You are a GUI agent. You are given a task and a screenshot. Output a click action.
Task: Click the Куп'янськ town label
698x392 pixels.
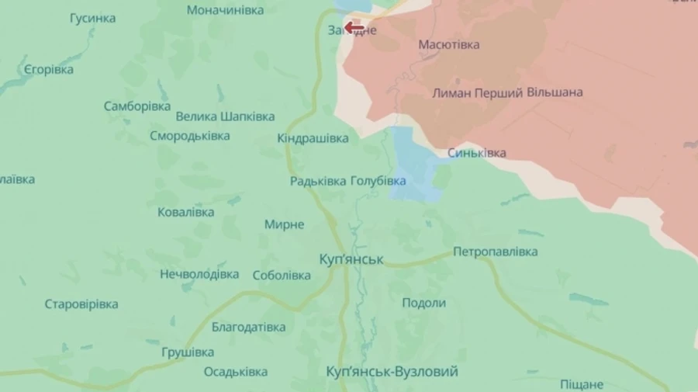coord(351,258)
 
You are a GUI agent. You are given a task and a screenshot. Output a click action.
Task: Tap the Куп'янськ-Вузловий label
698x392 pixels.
coord(392,372)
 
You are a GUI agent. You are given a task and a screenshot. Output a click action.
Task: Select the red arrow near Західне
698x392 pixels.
coord(354,28)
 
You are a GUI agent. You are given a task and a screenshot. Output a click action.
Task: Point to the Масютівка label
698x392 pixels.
coord(449,45)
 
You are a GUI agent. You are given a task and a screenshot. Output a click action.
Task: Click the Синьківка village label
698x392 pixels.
coord(476,153)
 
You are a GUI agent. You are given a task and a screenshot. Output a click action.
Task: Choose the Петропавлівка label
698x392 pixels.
coord(496,252)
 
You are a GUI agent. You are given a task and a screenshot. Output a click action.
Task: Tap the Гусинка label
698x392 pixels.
coord(92,18)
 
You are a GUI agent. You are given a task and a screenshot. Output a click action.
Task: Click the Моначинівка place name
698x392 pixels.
coord(225,10)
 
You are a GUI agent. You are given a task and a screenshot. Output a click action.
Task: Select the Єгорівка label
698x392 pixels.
coord(49,69)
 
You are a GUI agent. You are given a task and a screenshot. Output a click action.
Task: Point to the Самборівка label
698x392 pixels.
coord(137,106)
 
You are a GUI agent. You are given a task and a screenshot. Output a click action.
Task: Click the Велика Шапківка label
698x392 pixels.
coord(225,116)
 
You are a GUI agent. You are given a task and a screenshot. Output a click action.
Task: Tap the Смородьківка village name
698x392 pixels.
coord(190,136)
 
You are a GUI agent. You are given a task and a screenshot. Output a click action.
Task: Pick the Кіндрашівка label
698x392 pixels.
coord(313,138)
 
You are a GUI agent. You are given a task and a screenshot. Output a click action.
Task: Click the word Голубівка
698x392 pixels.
coord(378,181)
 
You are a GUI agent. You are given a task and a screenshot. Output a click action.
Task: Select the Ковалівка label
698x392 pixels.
coord(186,212)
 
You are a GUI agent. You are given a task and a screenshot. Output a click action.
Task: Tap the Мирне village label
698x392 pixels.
coord(284,224)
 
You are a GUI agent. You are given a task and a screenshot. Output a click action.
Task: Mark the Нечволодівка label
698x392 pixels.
coord(199,274)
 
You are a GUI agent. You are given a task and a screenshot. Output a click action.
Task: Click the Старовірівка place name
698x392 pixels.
coord(81,304)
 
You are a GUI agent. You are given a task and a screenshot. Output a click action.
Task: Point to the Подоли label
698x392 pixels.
coord(423,303)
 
